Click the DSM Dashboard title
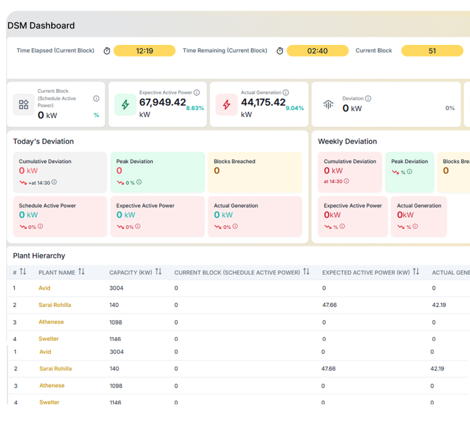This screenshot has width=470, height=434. [41, 26]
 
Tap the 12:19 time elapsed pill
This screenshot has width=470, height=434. [144, 51]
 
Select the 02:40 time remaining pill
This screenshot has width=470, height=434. [317, 51]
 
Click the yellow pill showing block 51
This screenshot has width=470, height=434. [432, 51]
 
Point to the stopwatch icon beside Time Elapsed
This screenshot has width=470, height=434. [107, 51]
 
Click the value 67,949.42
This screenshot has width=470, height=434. [162, 102]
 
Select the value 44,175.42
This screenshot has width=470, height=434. [263, 102]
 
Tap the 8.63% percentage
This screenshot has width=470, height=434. [195, 108]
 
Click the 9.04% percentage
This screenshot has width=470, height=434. [295, 108]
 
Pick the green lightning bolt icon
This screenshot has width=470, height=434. [125, 105]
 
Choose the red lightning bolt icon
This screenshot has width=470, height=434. [227, 105]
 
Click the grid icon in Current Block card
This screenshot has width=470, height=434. [23, 105]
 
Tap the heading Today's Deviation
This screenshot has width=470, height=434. [43, 141]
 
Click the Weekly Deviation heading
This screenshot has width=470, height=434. [347, 141]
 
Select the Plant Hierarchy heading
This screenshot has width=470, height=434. [39, 255]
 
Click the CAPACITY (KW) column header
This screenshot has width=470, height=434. [130, 273]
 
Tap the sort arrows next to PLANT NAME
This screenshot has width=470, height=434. [81, 272]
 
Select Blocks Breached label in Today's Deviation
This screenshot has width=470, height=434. [234, 161]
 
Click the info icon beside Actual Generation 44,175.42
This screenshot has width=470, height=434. [286, 92]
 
